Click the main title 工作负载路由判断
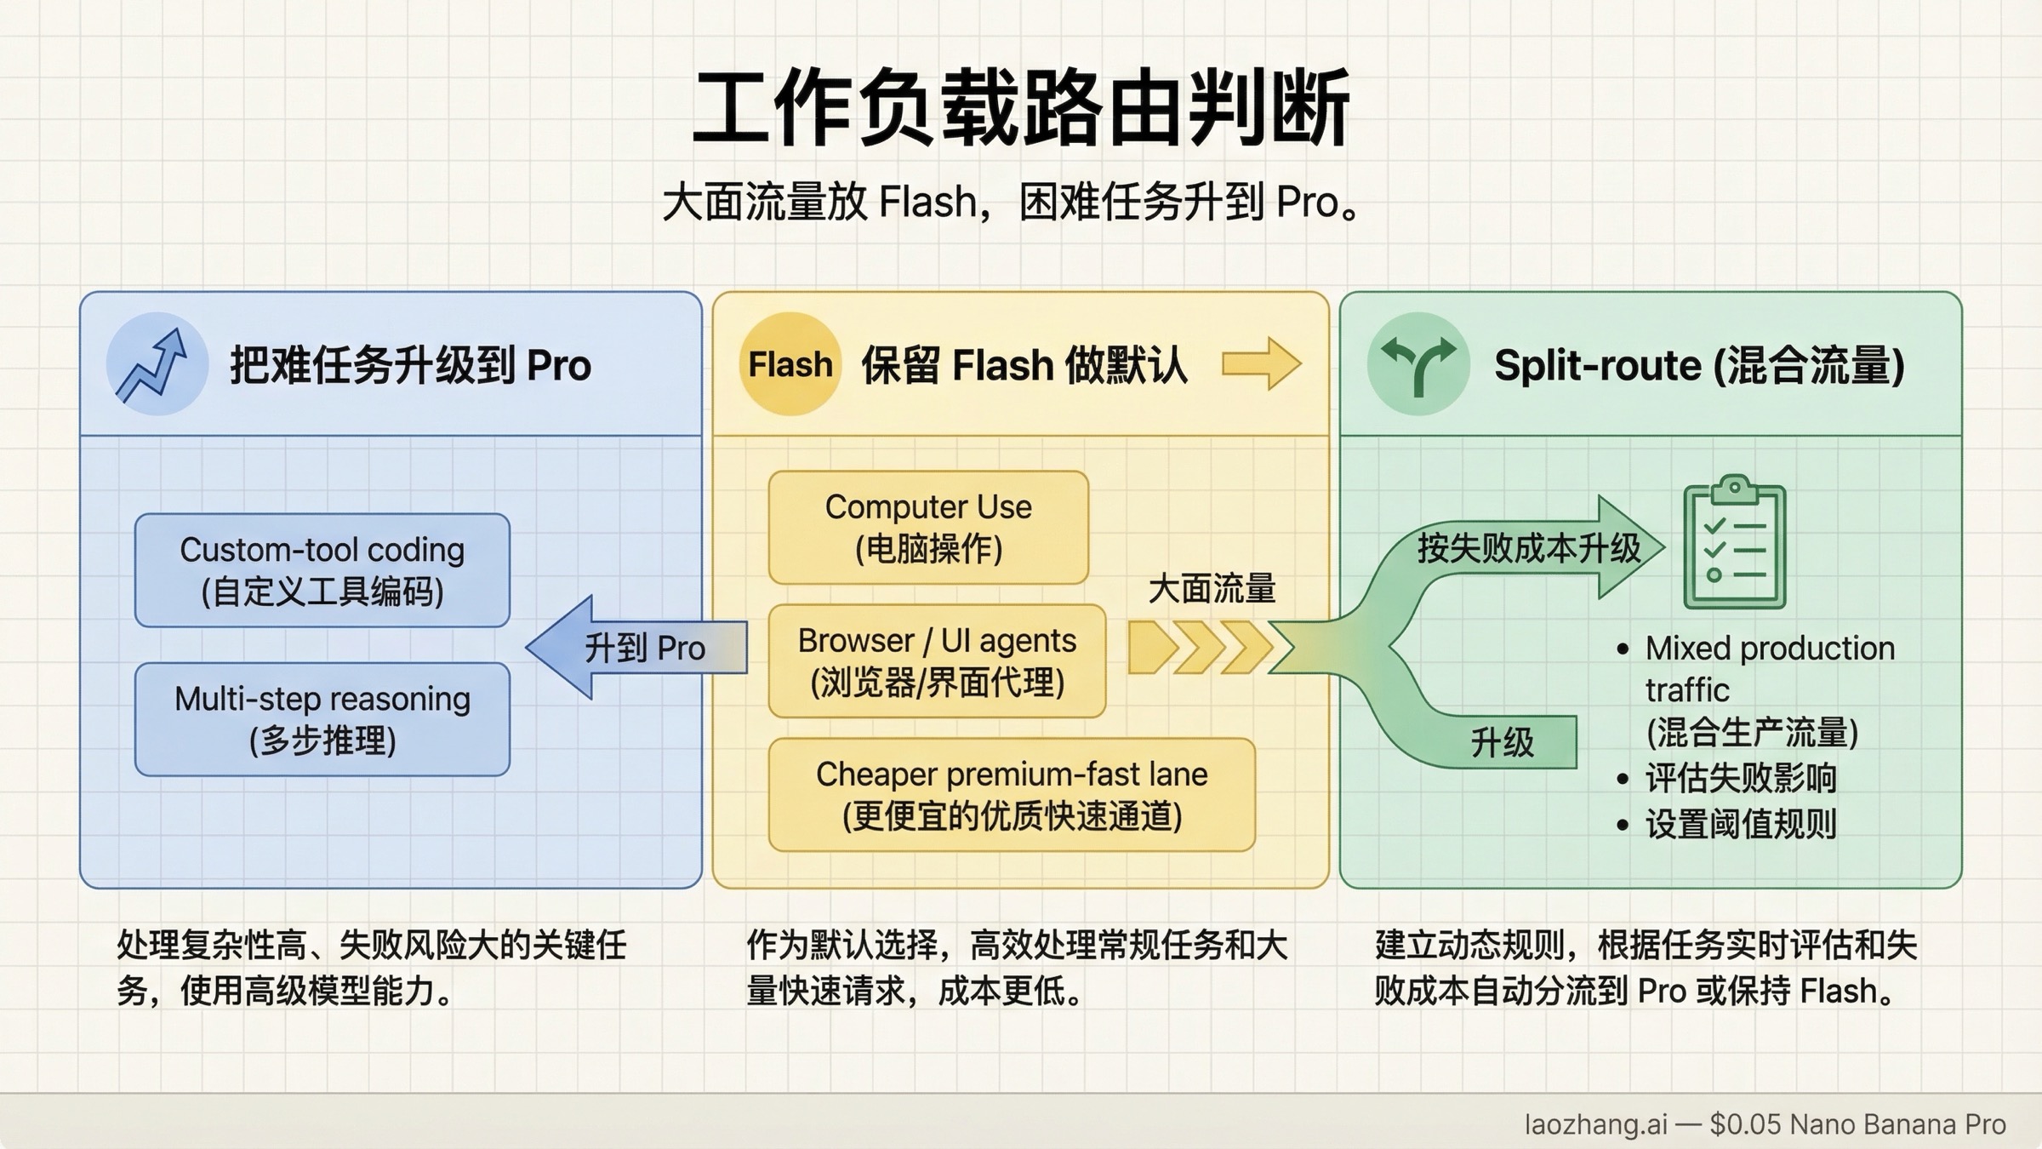[1021, 109]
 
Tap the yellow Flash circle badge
[790, 364]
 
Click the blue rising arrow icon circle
[157, 364]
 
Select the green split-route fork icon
[1417, 364]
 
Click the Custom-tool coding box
[322, 570]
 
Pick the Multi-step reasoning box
[322, 719]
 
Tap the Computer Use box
[928, 528]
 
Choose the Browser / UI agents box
[937, 660]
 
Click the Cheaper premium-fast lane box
[1012, 794]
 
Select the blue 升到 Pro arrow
[638, 648]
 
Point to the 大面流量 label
[1212, 589]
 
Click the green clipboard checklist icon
[1734, 545]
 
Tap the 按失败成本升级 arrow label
[1528, 548]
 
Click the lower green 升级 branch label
[1502, 743]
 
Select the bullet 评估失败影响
[1740, 778]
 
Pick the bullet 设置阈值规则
[1740, 824]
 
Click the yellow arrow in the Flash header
[1261, 364]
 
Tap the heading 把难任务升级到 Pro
[410, 366]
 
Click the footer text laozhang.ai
[1595, 1124]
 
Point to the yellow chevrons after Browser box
[1200, 648]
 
